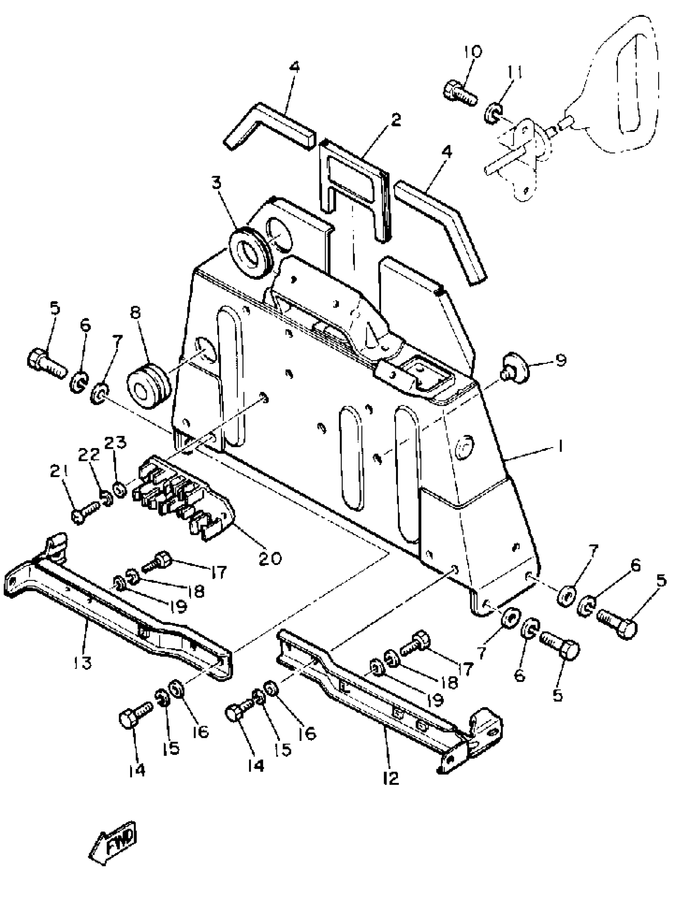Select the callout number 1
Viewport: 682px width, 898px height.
560,447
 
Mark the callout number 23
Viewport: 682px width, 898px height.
116,442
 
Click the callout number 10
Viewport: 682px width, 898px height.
473,52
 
